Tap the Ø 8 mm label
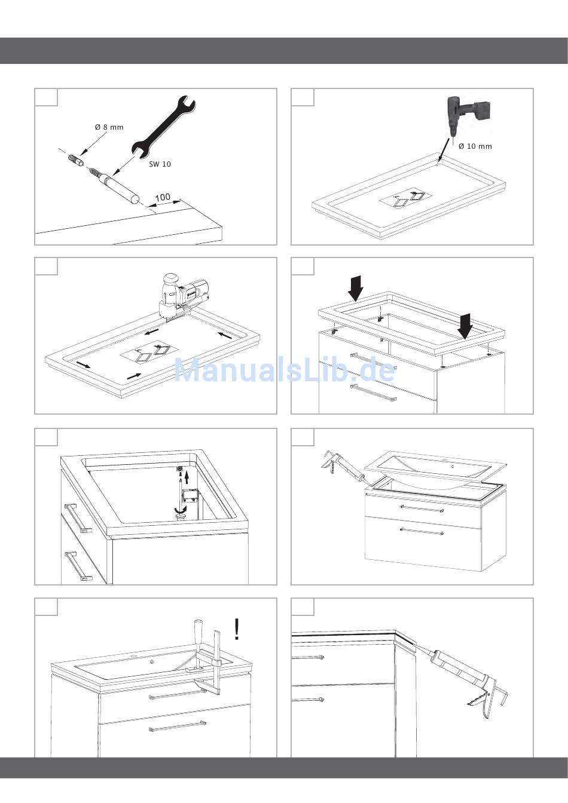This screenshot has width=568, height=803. tap(109, 127)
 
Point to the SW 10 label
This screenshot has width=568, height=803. tap(160, 164)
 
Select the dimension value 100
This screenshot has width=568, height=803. tap(163, 198)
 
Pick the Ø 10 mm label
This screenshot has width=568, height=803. tap(475, 146)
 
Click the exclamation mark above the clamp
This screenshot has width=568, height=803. tap(237, 629)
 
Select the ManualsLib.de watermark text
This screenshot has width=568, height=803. tap(284, 370)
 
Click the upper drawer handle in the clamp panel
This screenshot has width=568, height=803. tap(178, 694)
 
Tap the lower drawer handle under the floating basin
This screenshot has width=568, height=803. tap(422, 531)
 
